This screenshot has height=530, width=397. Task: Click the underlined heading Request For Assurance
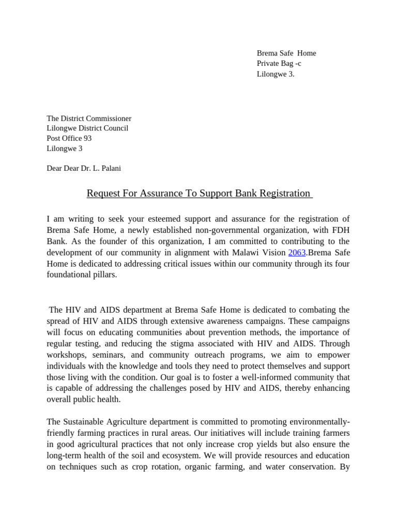(x=199, y=194)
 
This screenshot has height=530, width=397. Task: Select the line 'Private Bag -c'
(x=279, y=63)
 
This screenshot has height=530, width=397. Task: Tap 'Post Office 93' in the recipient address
(x=69, y=138)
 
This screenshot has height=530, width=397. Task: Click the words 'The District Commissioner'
(x=89, y=119)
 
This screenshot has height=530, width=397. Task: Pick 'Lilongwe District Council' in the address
(x=87, y=128)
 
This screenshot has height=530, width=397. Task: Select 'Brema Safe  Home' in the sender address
(x=286, y=53)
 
